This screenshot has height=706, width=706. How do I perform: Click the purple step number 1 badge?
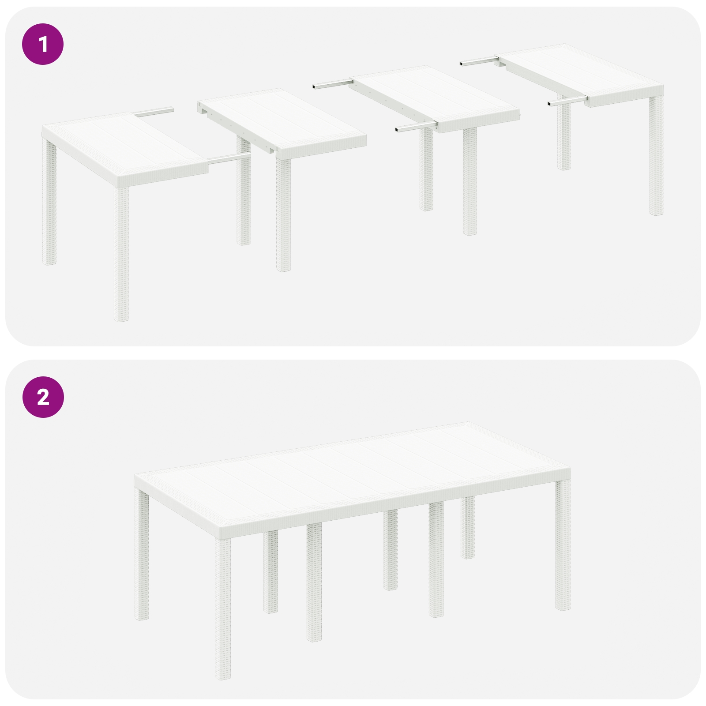click(x=43, y=45)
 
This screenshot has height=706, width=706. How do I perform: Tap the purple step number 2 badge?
click(x=43, y=398)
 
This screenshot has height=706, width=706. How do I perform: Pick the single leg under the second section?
click(x=284, y=212)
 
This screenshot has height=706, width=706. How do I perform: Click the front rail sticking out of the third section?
click(x=413, y=128)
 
